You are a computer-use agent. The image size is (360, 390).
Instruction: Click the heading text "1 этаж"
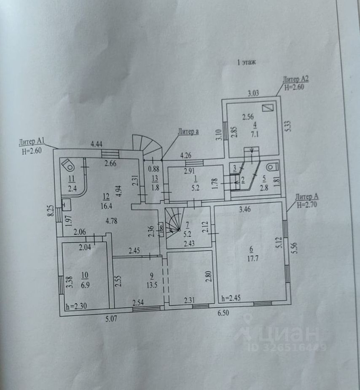coord(247,62)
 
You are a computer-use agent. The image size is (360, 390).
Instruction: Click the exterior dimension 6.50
coord(224,313)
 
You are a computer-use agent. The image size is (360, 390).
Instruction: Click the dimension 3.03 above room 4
coord(253,93)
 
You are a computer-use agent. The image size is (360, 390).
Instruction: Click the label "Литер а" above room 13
coord(188,132)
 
